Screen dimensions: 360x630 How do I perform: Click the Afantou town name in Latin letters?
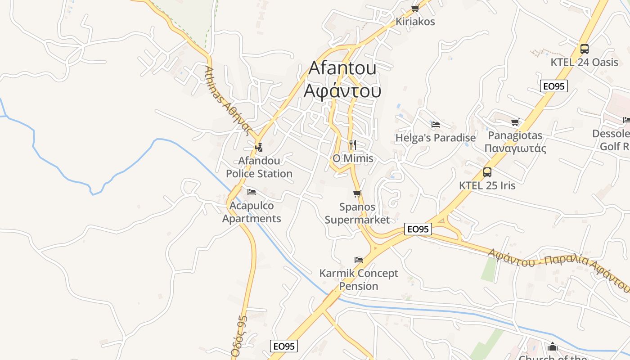[342, 68]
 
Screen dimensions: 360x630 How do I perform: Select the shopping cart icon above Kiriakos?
[415, 8]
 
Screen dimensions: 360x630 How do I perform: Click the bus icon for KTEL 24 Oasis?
[584, 49]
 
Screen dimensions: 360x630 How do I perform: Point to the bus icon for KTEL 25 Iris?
[487, 172]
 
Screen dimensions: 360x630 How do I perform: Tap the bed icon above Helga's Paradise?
[435, 125]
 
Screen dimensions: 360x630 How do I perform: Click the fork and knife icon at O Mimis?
[353, 145]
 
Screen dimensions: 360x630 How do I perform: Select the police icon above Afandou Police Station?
[259, 147]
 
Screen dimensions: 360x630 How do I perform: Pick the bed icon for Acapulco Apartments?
[252, 192]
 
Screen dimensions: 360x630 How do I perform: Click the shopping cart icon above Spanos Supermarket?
[357, 194]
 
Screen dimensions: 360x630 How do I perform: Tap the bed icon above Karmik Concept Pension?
[359, 260]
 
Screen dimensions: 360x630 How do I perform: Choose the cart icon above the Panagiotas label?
[515, 122]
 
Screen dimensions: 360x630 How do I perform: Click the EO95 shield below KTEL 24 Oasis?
[554, 86]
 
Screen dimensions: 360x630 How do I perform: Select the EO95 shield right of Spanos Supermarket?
[418, 229]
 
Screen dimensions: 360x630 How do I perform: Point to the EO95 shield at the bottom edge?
[284, 346]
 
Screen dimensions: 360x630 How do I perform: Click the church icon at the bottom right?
[553, 346]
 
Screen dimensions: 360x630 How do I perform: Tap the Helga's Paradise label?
[435, 138]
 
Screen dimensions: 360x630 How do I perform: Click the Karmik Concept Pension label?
[359, 279]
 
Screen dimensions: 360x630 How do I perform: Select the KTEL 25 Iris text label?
[487, 185]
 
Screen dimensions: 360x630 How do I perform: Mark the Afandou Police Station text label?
[259, 167]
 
